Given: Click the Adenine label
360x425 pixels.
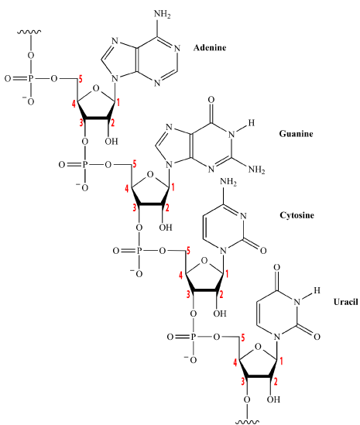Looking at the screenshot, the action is pos(210,48).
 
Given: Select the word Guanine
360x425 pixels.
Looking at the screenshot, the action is pos(296,134).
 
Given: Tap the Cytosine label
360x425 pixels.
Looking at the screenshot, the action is pos(297,215).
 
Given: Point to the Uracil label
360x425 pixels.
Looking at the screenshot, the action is pos(345,302).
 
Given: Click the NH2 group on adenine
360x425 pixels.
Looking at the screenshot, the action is pos(162,14).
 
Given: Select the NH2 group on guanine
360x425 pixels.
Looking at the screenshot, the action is pos(256,170).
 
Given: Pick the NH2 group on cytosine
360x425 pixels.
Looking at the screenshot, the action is pos(228,182).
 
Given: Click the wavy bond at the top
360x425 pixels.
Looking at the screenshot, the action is pos(29,32).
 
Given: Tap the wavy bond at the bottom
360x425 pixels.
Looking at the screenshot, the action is pos(247,422).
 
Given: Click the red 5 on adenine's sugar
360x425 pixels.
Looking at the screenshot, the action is pos(81,80).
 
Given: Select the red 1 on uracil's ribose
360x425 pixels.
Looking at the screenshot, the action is pos(281,361).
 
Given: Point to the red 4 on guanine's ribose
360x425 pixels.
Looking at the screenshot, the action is pos(127,189).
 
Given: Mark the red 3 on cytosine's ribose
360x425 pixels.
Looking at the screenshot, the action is pos(188,294).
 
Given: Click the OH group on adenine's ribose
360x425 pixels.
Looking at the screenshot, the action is pos(111,141).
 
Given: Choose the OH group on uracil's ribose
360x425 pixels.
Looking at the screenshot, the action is pos(273,399).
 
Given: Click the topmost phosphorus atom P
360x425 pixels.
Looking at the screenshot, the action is pos(31,79).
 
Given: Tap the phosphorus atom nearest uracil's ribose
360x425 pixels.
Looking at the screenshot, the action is pos(193,337).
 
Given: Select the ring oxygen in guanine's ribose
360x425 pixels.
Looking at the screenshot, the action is pos(150,175).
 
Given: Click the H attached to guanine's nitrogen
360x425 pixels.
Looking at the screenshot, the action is pos(252,123).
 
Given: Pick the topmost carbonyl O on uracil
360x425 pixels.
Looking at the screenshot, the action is pos(276,268).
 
